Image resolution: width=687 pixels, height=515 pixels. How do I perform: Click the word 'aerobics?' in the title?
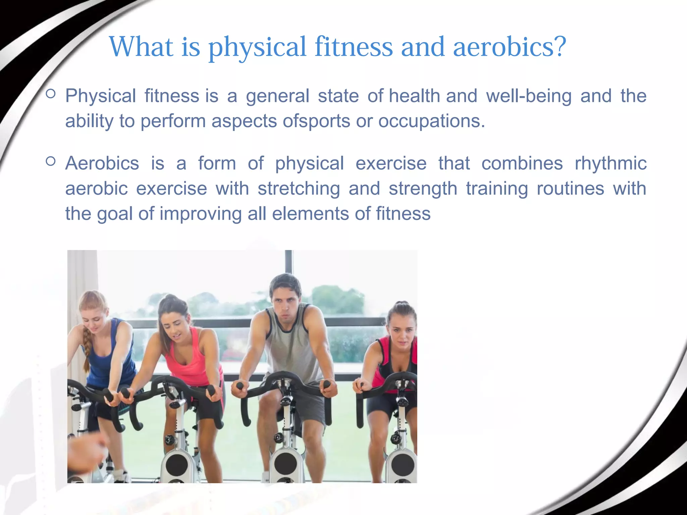click(x=509, y=47)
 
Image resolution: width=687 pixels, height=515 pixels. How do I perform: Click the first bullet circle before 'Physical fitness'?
click(x=50, y=94)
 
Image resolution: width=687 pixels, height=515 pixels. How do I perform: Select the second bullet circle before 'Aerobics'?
click(x=50, y=161)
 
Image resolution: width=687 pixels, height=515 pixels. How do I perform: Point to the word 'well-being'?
click(x=529, y=96)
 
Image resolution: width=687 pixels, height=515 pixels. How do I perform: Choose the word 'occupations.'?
click(x=431, y=121)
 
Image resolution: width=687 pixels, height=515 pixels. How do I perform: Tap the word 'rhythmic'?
click(x=611, y=164)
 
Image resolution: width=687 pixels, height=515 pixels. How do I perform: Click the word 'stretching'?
click(x=299, y=188)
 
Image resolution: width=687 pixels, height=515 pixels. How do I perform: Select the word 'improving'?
click(x=200, y=214)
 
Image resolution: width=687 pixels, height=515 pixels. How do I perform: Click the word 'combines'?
click(x=522, y=163)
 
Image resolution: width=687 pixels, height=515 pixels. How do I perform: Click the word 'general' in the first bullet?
click(x=277, y=97)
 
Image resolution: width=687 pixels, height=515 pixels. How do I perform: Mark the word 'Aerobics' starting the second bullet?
click(x=102, y=163)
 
